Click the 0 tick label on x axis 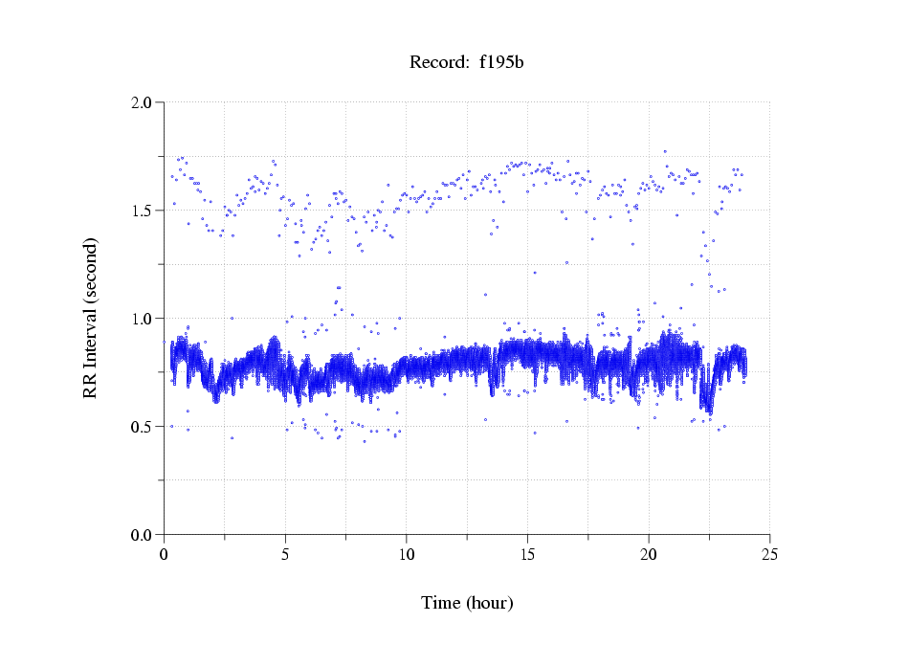tap(165, 554)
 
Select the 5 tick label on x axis tap(285, 554)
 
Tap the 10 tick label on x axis tap(407, 554)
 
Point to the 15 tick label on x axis tap(527, 554)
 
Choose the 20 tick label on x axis tap(649, 554)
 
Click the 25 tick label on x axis tap(769, 554)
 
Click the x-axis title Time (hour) tap(467, 603)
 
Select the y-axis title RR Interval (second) tap(91, 318)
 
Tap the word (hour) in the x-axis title tap(489, 603)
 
